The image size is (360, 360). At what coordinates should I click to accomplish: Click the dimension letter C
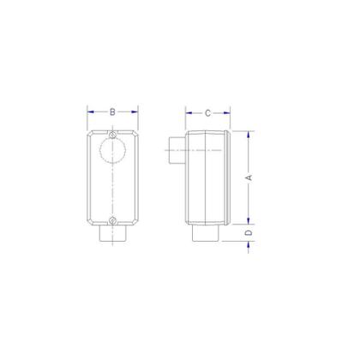[207, 112]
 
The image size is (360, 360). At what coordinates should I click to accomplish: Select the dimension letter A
[249, 177]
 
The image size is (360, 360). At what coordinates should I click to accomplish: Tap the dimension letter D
[249, 232]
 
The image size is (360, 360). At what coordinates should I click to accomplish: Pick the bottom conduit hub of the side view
[205, 232]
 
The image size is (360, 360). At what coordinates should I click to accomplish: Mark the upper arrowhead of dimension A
[249, 134]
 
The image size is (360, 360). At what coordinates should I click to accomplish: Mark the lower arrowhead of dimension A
[249, 219]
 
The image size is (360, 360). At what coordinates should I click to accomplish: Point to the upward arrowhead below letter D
[249, 244]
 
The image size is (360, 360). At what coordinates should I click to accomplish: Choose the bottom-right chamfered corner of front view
[135, 220]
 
